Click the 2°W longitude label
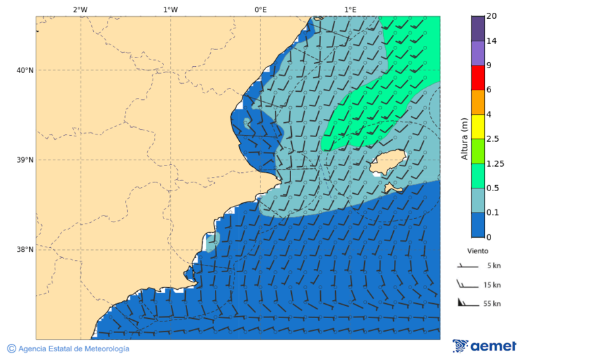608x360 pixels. coord(80,9)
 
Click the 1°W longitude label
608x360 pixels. coord(170,9)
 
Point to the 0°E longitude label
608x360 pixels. coord(260,9)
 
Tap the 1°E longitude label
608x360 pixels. coord(350,9)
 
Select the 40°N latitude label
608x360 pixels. coord(25,70)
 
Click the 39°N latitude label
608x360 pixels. coord(25,160)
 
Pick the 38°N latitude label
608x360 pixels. coord(25,250)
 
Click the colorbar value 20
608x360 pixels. coord(492,16)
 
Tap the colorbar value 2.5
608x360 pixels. coord(492,139)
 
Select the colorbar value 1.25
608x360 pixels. coord(495,163)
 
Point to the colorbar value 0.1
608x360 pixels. coord(492,213)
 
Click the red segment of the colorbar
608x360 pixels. coord(478,78)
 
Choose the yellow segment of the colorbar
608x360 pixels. coord(478,127)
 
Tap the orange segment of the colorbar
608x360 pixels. coord(478,102)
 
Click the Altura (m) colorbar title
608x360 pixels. coord(464,138)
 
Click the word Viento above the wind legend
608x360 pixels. coord(478,251)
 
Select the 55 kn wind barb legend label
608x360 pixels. coord(492,304)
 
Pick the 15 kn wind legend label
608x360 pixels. coord(492,285)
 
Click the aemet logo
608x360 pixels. coord(484,346)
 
